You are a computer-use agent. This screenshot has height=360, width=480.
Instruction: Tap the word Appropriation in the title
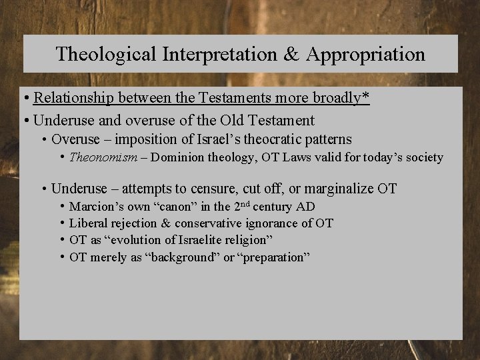tap(365, 54)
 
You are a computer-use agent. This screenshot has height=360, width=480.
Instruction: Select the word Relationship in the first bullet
tap(75, 98)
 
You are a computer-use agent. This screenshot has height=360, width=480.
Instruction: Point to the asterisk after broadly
tap(366, 97)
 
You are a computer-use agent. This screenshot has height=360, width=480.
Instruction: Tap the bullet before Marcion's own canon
tap(62, 207)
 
